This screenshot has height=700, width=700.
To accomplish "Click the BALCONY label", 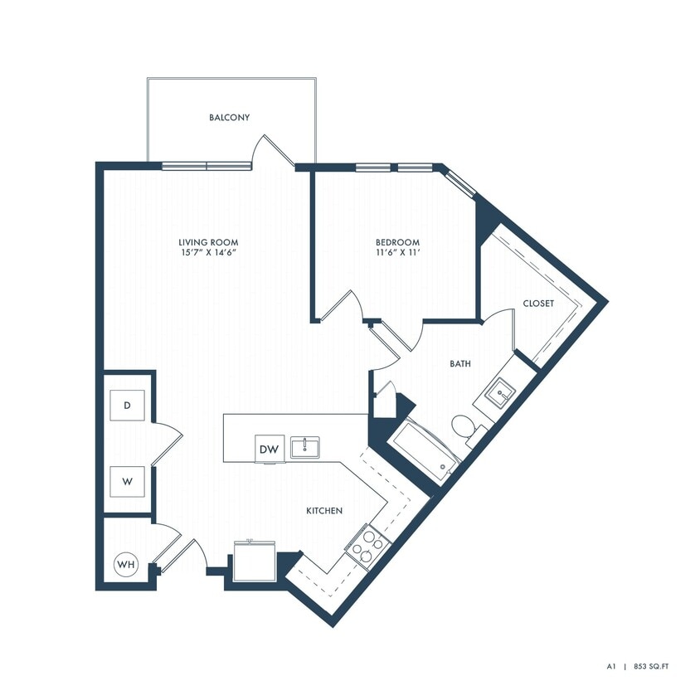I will (x=230, y=118).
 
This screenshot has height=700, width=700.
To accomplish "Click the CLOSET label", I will (x=538, y=304).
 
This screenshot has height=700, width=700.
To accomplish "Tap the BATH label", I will (x=461, y=363).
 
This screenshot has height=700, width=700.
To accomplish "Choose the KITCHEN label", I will (x=324, y=512).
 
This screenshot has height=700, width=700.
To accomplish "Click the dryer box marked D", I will (x=127, y=406).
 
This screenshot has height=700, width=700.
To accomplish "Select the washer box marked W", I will (x=127, y=480).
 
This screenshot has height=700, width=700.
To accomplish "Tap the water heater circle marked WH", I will (x=125, y=565).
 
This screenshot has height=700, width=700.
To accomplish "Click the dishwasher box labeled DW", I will (x=269, y=449).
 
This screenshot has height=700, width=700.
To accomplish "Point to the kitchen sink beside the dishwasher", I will (x=305, y=446).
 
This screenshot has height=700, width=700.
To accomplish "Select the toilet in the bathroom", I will (x=464, y=427).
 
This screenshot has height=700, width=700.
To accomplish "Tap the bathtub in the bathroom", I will (x=424, y=453).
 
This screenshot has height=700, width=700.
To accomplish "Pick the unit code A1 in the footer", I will (x=610, y=665).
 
